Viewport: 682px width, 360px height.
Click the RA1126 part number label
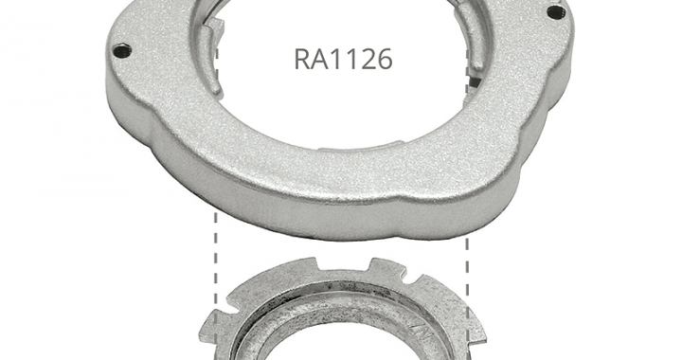(x=343, y=59)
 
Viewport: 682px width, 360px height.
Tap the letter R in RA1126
(x=302, y=59)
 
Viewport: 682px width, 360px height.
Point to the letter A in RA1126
(x=319, y=59)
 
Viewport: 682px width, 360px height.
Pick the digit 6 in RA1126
(x=384, y=59)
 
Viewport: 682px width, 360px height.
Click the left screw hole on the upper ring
(x=122, y=50)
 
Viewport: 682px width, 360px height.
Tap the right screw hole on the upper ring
(x=554, y=11)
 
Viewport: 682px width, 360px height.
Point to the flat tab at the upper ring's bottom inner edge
(x=361, y=146)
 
